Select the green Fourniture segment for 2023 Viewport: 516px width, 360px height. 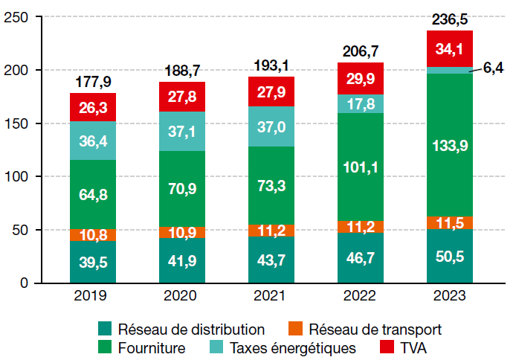point(450,145)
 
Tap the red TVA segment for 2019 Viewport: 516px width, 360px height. point(93,107)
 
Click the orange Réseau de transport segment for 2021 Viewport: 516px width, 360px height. point(271,231)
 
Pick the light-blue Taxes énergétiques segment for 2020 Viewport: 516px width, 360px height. point(182,131)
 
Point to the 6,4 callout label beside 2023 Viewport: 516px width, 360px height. point(493,68)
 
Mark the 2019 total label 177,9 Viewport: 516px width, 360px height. point(93,81)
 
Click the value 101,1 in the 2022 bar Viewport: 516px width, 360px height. point(361,167)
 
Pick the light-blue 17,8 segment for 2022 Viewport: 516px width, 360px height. point(361,103)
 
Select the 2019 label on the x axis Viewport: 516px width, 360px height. point(93,295)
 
